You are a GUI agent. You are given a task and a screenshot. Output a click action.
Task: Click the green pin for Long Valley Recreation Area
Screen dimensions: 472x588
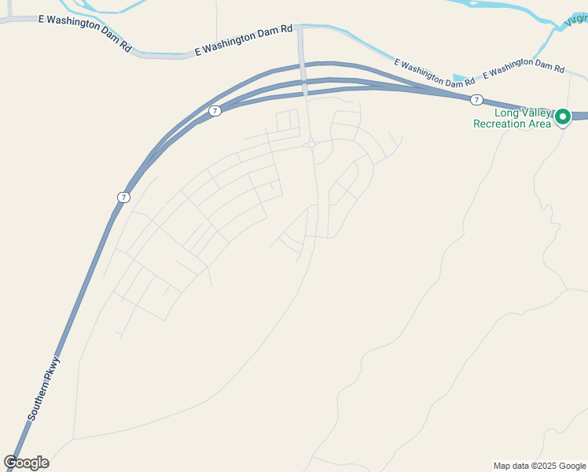click(x=563, y=117)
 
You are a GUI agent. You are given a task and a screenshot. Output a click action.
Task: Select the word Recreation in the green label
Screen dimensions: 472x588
click(x=503, y=124)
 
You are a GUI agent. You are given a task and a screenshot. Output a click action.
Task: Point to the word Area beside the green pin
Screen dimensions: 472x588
click(x=539, y=124)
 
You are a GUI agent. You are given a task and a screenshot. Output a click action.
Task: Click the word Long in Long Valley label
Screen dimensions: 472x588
click(x=506, y=112)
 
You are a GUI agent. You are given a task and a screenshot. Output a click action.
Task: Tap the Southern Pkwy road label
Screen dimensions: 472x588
click(x=44, y=388)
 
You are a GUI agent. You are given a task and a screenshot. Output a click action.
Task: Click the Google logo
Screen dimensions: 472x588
click(x=26, y=463)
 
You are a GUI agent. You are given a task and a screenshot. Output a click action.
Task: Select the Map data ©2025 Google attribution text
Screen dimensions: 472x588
click(x=538, y=466)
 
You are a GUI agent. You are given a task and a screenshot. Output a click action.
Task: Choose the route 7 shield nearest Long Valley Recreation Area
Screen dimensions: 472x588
click(x=476, y=100)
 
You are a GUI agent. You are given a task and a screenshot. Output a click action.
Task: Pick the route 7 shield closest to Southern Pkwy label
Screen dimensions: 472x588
click(x=123, y=197)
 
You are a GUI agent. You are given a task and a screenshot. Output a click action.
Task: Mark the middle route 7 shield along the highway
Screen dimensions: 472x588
click(x=215, y=111)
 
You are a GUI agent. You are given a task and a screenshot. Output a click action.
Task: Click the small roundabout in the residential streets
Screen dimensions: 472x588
click(x=312, y=144)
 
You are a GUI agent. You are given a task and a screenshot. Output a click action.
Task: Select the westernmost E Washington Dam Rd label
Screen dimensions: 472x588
click(x=85, y=29)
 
